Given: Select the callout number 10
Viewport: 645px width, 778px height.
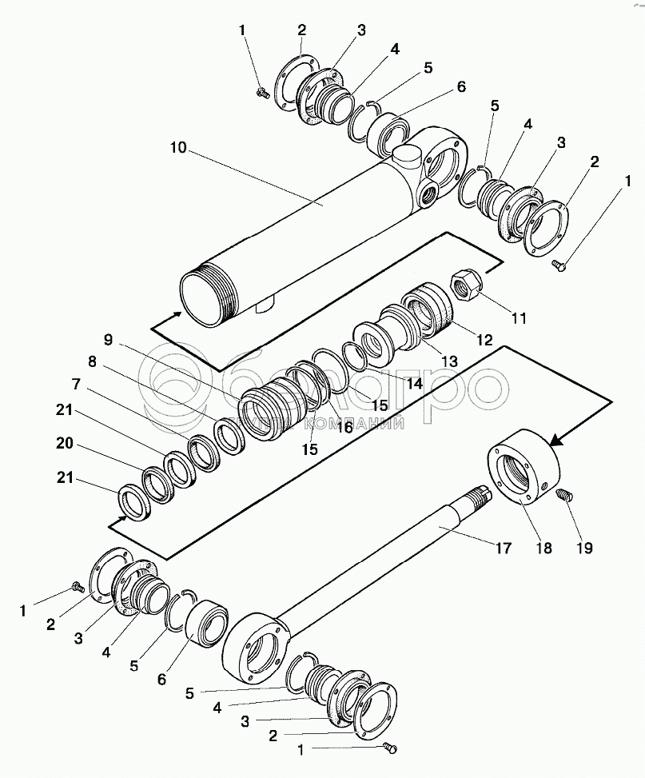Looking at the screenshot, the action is [x=178, y=148].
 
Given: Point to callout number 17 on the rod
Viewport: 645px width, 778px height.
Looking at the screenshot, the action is [x=503, y=548].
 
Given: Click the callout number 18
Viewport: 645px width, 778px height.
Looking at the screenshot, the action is [x=544, y=548].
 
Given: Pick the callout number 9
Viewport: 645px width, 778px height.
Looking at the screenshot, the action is [x=108, y=340].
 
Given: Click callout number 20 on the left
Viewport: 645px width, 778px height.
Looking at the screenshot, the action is [x=65, y=443].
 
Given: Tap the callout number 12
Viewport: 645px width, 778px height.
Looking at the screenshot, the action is [x=484, y=340].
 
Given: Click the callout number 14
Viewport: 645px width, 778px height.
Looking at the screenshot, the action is [x=414, y=382].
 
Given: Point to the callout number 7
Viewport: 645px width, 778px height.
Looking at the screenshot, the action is [x=76, y=384].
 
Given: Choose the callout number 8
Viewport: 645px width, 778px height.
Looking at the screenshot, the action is [x=92, y=361].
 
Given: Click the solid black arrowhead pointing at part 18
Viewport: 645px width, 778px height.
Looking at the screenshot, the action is [x=555, y=439].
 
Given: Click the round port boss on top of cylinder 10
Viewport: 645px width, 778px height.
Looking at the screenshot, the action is [x=406, y=157].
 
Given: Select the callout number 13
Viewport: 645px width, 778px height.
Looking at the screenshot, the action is [x=449, y=361].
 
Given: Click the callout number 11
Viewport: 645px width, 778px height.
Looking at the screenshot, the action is [x=519, y=317].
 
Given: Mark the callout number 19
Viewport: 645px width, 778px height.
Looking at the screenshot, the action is [x=584, y=548].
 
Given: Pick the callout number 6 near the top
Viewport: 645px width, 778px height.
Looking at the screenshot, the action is [x=461, y=86].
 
